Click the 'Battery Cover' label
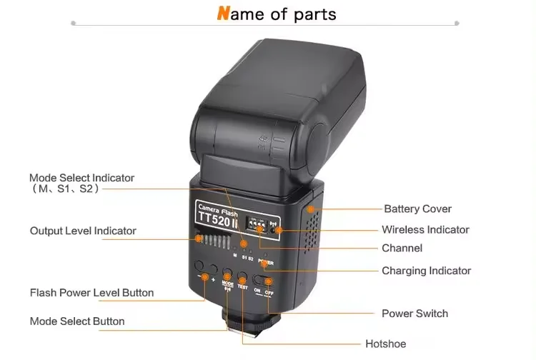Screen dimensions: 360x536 click(x=417, y=209)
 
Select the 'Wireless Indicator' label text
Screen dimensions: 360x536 click(x=425, y=229)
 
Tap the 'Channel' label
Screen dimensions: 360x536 click(x=402, y=248)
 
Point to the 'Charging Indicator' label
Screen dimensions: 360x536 click(x=426, y=271)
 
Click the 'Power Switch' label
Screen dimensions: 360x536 click(x=415, y=313)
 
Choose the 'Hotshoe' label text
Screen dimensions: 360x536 click(x=385, y=344)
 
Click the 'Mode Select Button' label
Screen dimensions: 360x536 click(x=77, y=321)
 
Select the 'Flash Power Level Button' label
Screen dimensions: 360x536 click(x=91, y=292)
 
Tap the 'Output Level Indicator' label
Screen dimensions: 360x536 click(x=83, y=231)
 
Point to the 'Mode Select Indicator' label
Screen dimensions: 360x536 click(x=81, y=178)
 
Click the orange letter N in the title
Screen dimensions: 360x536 click(x=224, y=14)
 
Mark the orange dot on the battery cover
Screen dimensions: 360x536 click(x=309, y=209)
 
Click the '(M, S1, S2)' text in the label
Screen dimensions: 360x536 click(x=64, y=189)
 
